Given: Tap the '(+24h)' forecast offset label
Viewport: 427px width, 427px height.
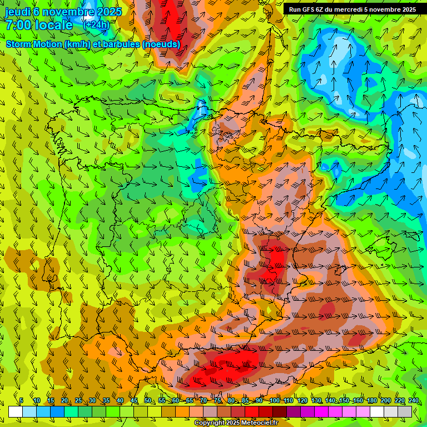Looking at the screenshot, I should (96, 25).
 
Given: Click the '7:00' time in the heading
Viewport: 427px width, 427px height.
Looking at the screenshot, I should (18, 25).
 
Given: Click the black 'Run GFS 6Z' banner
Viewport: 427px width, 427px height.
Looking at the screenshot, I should (352, 9).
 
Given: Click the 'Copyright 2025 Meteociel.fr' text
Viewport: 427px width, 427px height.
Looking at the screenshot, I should (236, 423).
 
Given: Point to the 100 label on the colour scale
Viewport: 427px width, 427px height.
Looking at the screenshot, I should (274, 400).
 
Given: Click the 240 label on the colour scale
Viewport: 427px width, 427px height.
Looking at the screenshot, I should (413, 400).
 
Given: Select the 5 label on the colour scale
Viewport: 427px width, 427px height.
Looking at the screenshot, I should (21, 400).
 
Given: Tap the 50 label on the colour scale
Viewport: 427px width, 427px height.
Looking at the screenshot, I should (148, 400).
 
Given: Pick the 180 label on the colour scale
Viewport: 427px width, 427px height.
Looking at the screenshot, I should (371, 400).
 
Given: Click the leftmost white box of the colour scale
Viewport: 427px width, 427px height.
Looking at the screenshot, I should (16, 411).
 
